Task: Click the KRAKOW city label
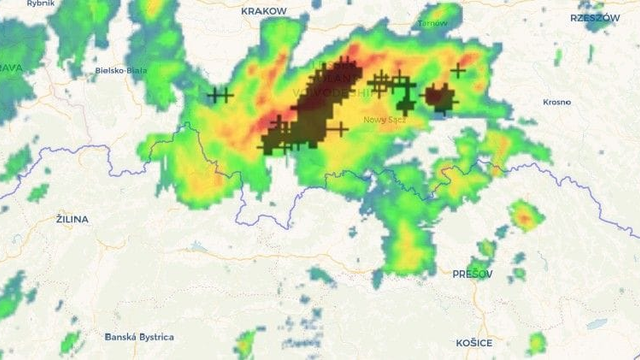pos(264,10)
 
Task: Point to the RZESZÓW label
pos(595,18)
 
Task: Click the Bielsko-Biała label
pos(121,71)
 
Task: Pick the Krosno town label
pos(557,102)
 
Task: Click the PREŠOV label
pos(472,273)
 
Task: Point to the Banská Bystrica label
pos(139,337)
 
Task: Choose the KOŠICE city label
pos(474,343)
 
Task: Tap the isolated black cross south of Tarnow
pos(458,70)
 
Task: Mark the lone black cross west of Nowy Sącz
pos(340,128)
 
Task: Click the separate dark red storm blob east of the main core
pos(438,97)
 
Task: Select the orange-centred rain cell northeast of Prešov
pos(522,215)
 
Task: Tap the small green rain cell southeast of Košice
pos(536,343)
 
